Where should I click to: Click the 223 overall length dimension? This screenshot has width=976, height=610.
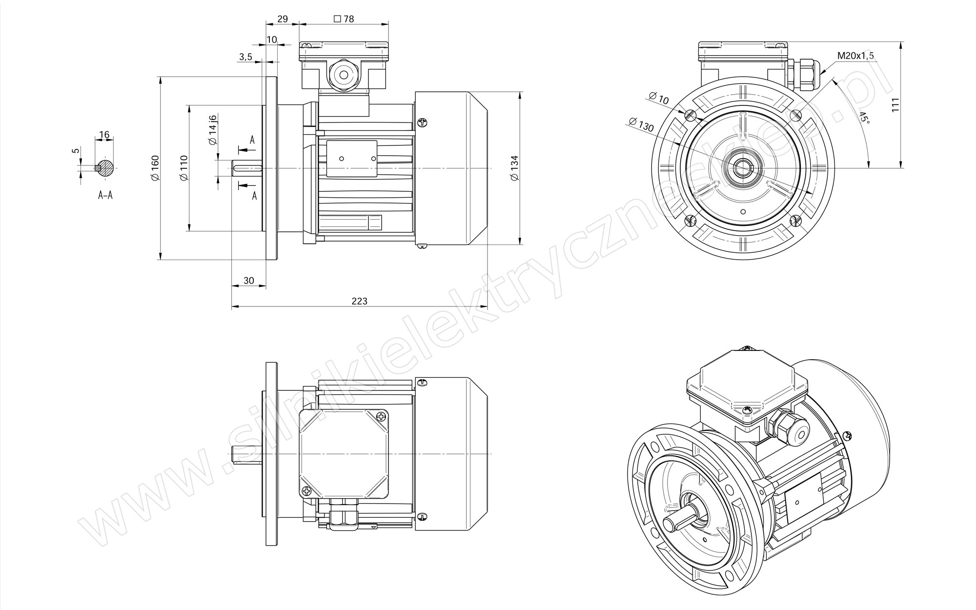tap(360, 301)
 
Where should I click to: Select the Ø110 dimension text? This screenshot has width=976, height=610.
tap(184, 168)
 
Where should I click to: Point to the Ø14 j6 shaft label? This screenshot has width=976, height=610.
tap(213, 130)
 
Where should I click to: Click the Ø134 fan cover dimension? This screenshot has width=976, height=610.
tap(514, 169)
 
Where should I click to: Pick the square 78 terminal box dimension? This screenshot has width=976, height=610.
tap(344, 19)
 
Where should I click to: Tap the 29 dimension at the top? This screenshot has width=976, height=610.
tap(282, 19)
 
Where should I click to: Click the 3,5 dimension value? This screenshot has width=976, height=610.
tap(246, 57)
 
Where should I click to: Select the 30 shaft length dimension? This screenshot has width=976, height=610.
tap(249, 281)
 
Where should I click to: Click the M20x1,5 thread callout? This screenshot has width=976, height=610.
tap(855, 56)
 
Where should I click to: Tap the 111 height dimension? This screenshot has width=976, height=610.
tap(895, 105)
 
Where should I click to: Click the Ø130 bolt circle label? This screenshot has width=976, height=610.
tap(641, 125)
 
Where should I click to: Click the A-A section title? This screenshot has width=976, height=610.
tap(105, 195)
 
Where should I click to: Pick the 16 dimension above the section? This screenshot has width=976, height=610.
tap(104, 135)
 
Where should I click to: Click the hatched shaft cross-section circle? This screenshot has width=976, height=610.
tap(105, 167)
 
